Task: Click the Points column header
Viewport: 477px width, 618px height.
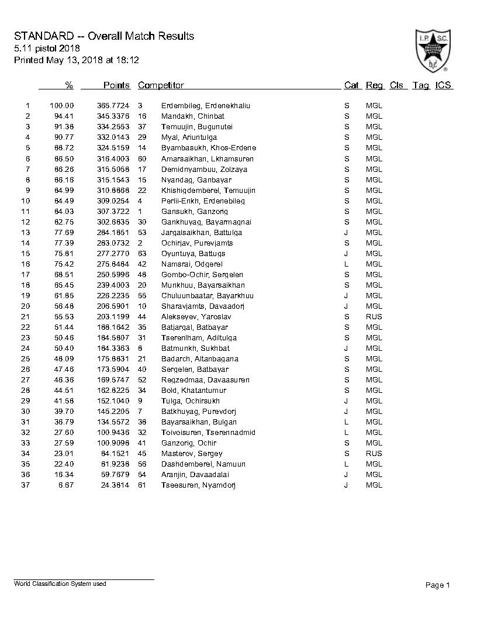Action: click(x=116, y=85)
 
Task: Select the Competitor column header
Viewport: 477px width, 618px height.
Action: click(x=161, y=85)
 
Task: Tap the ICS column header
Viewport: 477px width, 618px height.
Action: click(x=443, y=85)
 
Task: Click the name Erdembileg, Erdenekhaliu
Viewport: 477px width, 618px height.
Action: click(x=205, y=106)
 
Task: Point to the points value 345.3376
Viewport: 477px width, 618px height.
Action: click(x=113, y=116)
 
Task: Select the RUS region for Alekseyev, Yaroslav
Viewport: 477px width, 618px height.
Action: click(x=374, y=317)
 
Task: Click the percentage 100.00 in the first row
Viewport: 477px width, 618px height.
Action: click(x=62, y=106)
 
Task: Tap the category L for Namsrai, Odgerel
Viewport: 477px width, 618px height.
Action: click(x=347, y=264)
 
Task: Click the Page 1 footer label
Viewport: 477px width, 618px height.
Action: click(x=438, y=585)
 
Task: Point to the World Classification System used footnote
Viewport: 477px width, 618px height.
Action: click(x=60, y=584)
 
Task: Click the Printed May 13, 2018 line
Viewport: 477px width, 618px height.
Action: click(x=77, y=60)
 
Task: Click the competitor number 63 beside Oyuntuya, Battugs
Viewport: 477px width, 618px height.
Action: click(x=142, y=254)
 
